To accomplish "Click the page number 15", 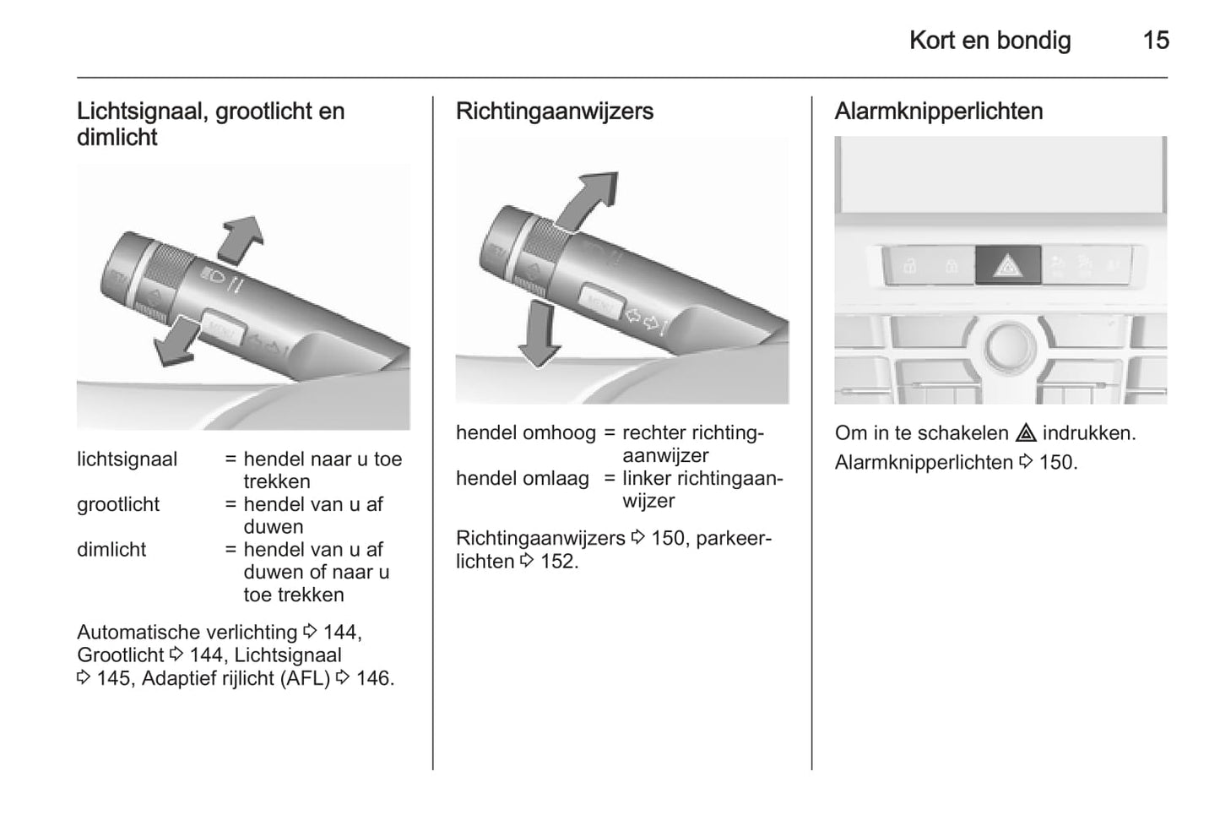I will click(x=1156, y=40).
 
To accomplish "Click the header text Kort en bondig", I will click(x=990, y=40).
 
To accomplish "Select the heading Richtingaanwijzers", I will click(x=555, y=111).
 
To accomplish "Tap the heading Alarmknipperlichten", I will click(x=938, y=111).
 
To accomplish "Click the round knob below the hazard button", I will click(x=1009, y=346).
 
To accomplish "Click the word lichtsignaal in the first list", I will click(x=127, y=459).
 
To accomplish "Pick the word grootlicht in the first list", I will click(x=118, y=504).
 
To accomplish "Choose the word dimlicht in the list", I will click(x=111, y=550).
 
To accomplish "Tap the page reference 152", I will click(x=558, y=562).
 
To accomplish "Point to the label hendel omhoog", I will click(x=525, y=433).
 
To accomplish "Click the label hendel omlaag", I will click(x=523, y=479).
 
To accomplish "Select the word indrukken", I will click(x=1088, y=433).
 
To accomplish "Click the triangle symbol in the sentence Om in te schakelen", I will click(x=1026, y=433).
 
